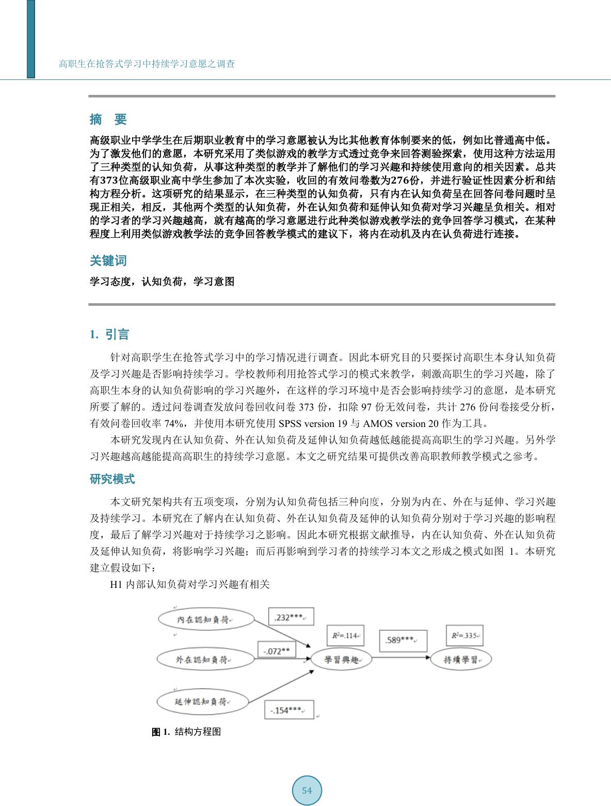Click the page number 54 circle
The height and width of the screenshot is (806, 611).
[307, 791]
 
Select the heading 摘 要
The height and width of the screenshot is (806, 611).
[108, 120]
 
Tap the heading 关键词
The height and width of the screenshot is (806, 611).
[108, 261]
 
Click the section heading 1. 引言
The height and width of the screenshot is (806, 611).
[109, 335]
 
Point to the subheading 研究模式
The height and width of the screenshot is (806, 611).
[112, 479]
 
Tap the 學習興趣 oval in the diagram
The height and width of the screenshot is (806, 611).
[341, 660]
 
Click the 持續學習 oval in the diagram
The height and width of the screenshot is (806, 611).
[461, 660]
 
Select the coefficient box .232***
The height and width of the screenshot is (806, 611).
[291, 617]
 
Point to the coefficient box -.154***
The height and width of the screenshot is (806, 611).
[289, 710]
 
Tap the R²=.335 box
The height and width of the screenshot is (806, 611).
[464, 635]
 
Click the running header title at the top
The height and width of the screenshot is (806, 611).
[147, 64]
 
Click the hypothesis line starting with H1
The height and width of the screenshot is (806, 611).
[190, 584]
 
